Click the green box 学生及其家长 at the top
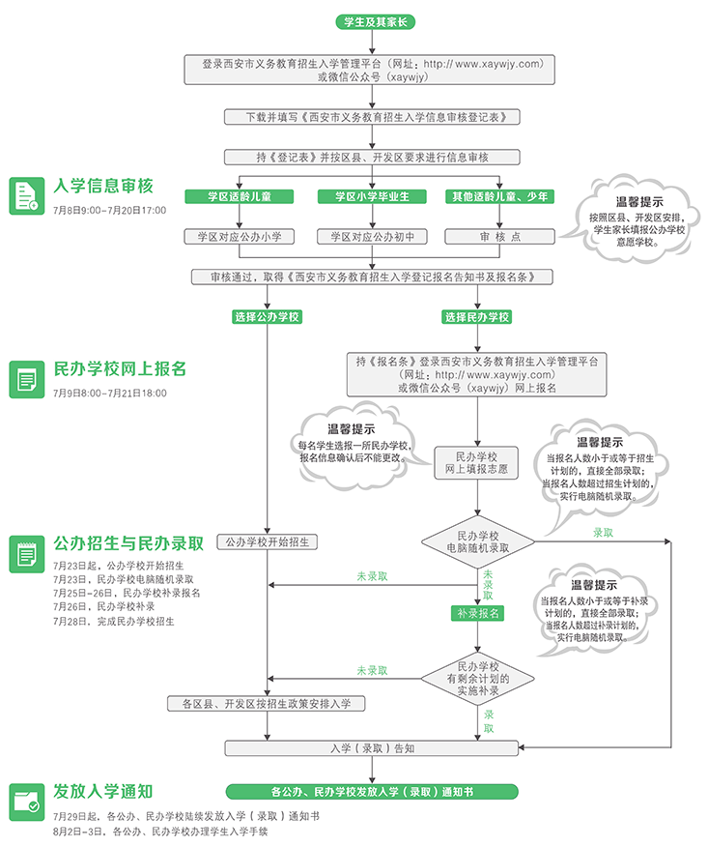point(372,21)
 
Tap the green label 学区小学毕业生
point(372,196)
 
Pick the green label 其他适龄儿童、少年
point(499,196)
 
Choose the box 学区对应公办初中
point(372,236)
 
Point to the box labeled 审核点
point(499,236)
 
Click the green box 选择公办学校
point(267,317)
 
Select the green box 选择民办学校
point(477,317)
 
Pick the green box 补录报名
point(477,613)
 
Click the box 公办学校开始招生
point(267,541)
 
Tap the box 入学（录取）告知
point(372,748)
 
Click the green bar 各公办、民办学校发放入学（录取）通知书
point(372,791)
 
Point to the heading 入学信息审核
point(103,186)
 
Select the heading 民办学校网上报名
point(120,368)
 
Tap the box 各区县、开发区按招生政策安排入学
point(267,703)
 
